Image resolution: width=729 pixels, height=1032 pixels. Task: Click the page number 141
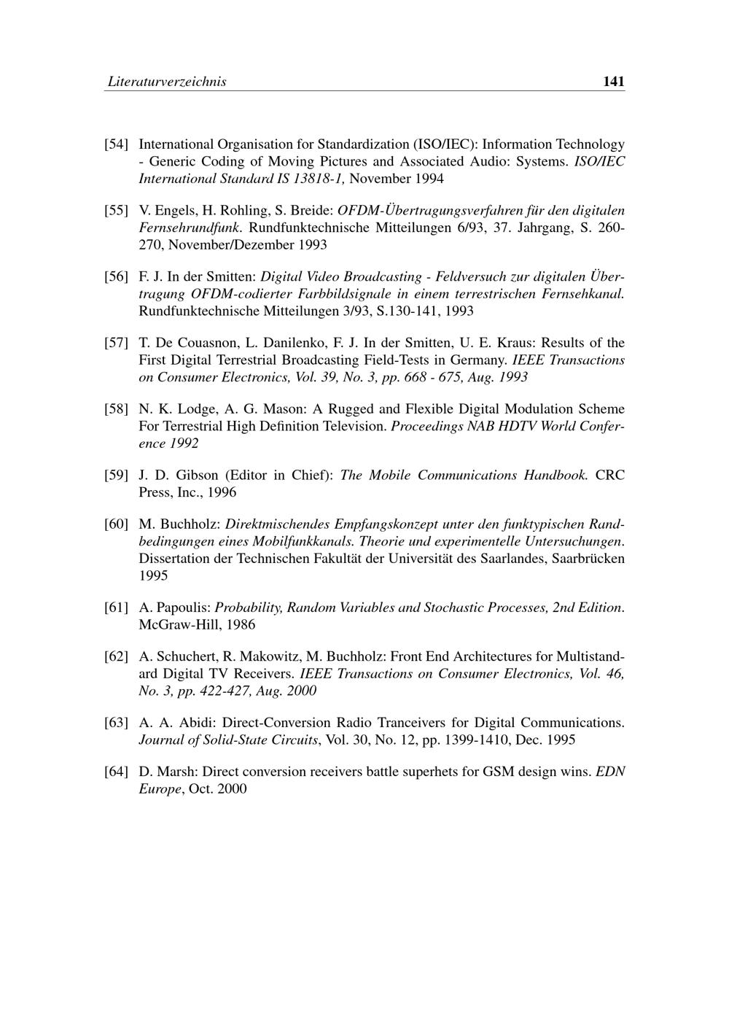pyautogui.click(x=614, y=82)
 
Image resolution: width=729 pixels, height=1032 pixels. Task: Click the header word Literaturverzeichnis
pyautogui.click(x=167, y=82)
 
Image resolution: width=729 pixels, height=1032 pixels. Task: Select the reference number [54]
pyautogui.click(x=117, y=144)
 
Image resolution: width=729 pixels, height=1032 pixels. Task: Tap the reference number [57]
pyautogui.click(x=117, y=343)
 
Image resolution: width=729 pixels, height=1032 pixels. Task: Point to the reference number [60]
pyautogui.click(x=117, y=524)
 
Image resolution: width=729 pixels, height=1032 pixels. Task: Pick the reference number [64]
pyautogui.click(x=117, y=772)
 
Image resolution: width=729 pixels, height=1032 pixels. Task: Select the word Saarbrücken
pyautogui.click(x=588, y=559)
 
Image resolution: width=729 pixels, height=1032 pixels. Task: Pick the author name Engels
pyautogui.click(x=171, y=211)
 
